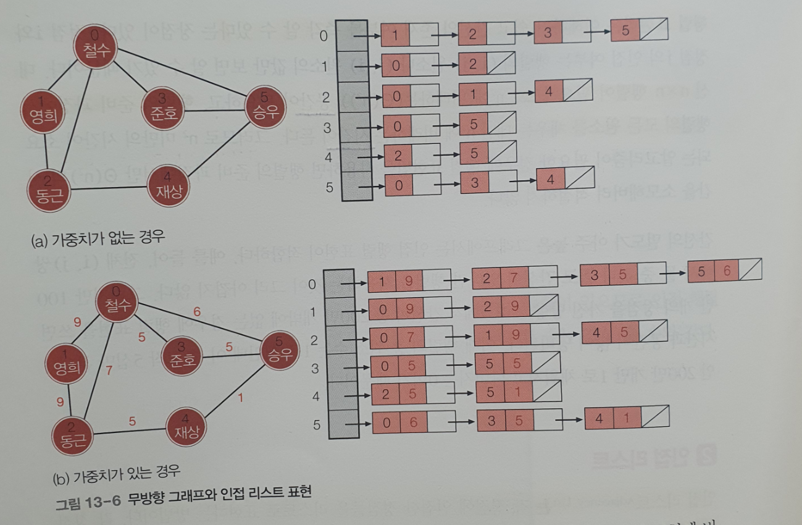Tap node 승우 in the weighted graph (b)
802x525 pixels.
278,350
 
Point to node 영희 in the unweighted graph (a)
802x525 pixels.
41,111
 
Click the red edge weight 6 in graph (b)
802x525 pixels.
196,312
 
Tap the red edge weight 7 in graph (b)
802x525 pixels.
109,371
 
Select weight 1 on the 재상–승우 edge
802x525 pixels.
240,397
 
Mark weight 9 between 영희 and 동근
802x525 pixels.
60,402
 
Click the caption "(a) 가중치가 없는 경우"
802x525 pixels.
98,237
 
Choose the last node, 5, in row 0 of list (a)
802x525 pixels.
639,31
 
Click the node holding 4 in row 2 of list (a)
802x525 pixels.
563,90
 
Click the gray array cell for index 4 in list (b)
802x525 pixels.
340,396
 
